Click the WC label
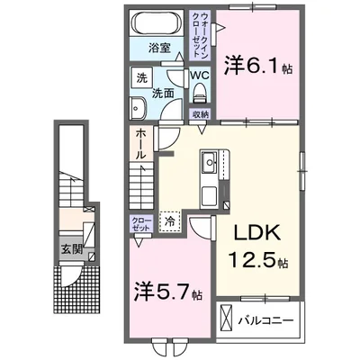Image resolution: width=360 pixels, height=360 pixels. click(x=200, y=76)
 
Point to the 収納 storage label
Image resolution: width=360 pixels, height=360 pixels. click(x=200, y=115)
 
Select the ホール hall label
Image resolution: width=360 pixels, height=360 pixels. click(x=141, y=144)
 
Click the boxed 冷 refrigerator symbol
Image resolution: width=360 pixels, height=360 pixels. click(x=168, y=219)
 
